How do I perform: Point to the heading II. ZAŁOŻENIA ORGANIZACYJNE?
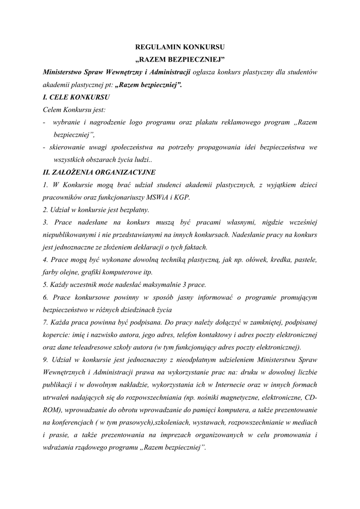click(x=99, y=172)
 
